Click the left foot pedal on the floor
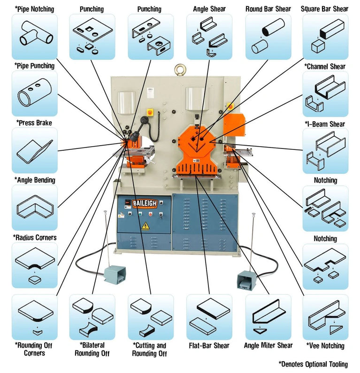pyautogui.click(x=112, y=273)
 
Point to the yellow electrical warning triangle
pyautogui.click(x=146, y=225)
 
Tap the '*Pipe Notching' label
pyautogui.click(x=34, y=9)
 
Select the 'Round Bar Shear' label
pyautogui.click(x=268, y=9)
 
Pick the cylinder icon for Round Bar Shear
pyautogui.click(x=268, y=36)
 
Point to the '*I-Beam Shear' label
pyautogui.click(x=324, y=124)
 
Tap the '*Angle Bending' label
pyautogui.click(x=35, y=180)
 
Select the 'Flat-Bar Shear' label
pyautogui.click(x=209, y=346)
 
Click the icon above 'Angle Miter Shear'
pyautogui.click(x=268, y=317)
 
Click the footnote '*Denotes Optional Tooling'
pyautogui.click(x=313, y=364)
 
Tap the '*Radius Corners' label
pyautogui.click(x=35, y=237)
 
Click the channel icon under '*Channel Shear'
pyautogui.click(x=325, y=93)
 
